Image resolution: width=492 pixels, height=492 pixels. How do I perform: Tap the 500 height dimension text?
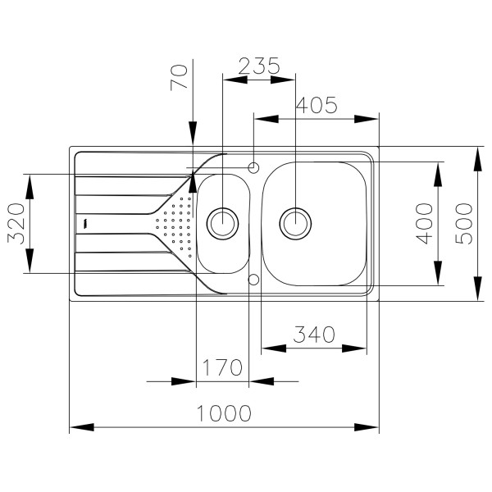pyautogui.click(x=464, y=223)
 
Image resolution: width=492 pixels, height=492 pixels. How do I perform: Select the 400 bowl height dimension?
pyautogui.click(x=424, y=223)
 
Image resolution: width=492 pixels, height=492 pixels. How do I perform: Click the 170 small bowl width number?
pyautogui.click(x=221, y=367)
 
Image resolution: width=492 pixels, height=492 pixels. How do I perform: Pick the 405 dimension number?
pyautogui.click(x=316, y=105)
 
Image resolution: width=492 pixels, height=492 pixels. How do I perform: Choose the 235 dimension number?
pyautogui.click(x=258, y=66)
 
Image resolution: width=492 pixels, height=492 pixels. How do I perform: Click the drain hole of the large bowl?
pyautogui.click(x=296, y=221)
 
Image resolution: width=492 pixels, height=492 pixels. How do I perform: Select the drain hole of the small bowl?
pyautogui.click(x=222, y=221)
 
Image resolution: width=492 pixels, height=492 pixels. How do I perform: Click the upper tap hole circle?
pyautogui.click(x=253, y=168)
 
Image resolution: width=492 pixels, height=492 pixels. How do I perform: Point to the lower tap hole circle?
pyautogui.click(x=253, y=280)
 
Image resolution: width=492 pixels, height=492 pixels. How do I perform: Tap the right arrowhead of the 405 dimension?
pyautogui.click(x=368, y=119)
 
